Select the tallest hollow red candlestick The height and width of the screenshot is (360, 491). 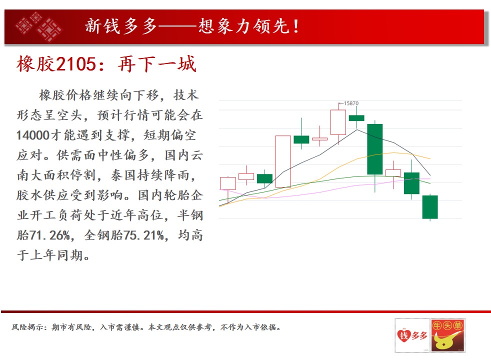click(283, 161)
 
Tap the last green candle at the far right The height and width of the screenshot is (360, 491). click(430, 207)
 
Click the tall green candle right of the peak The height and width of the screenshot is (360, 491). click(375, 149)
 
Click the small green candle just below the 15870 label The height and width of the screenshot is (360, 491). click(356, 118)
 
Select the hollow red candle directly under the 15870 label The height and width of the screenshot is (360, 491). click(338, 122)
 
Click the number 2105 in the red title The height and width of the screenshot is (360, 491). click(77, 64)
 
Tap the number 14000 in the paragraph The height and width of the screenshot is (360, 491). click(33, 135)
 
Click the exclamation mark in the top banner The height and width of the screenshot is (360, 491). click(295, 26)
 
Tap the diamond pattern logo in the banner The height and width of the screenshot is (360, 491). click(38, 26)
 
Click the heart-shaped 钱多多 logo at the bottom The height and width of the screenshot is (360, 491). click(412, 335)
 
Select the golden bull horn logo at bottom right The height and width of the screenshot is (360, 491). click(447, 335)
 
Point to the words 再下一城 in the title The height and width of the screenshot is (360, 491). click(157, 64)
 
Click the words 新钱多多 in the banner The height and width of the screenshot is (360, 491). click(121, 26)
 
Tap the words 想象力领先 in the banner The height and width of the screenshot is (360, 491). click(243, 26)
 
